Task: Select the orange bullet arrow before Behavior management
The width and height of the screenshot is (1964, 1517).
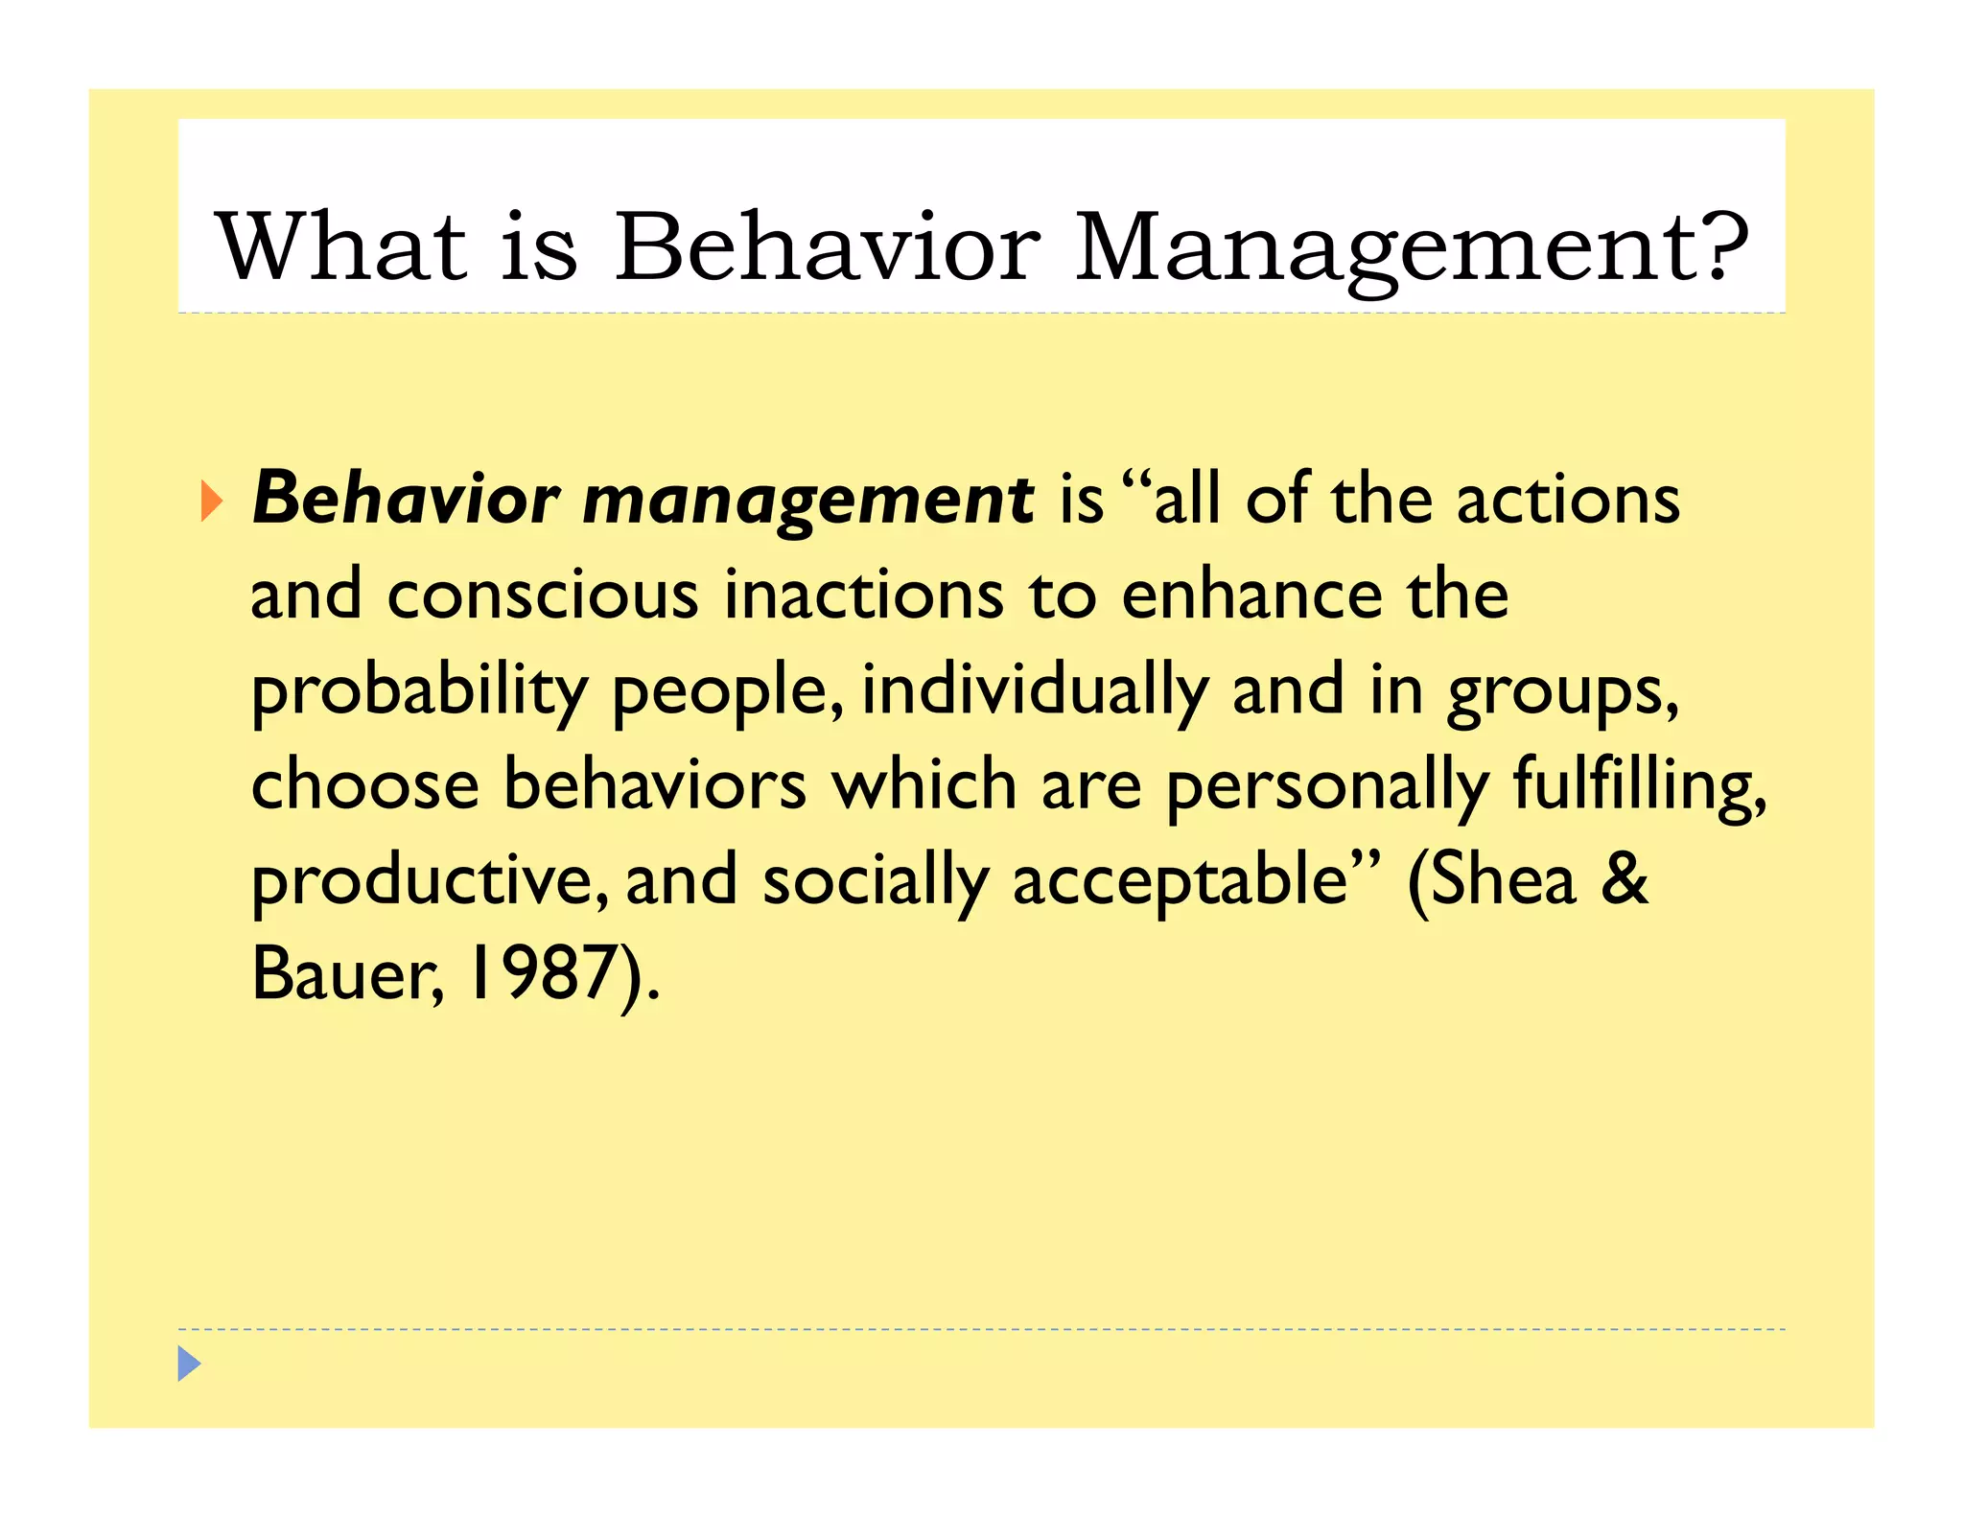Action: tap(212, 502)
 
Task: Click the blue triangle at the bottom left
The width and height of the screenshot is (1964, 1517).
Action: tap(189, 1363)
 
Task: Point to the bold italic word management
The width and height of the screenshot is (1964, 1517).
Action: tap(807, 502)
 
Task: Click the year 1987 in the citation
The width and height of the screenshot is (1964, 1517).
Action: tap(541, 973)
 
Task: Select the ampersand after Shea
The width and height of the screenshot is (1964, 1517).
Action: tap(1624, 878)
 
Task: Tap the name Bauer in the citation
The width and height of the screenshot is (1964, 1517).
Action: tap(343, 973)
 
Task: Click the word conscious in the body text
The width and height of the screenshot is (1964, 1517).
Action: tap(542, 595)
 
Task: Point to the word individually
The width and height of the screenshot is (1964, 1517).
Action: tap(1035, 690)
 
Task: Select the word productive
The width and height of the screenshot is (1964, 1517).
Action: tap(427, 880)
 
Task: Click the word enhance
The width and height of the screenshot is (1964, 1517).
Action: tap(1251, 595)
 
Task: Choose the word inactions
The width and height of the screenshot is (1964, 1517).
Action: tap(863, 595)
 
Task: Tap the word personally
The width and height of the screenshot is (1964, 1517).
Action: tap(1327, 785)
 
